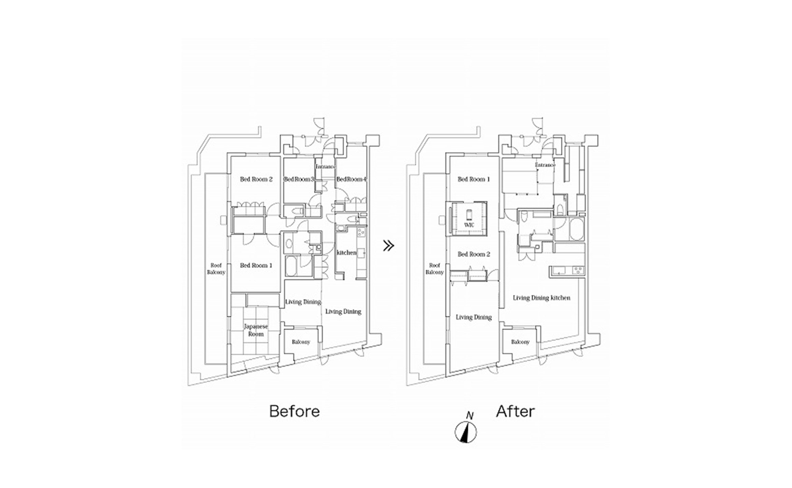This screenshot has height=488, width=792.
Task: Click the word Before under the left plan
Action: click(294, 411)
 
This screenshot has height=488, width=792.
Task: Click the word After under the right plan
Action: click(515, 411)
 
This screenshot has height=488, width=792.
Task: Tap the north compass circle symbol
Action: click(466, 432)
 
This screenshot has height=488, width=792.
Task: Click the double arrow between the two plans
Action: click(388, 246)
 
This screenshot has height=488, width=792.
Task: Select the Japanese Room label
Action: click(256, 330)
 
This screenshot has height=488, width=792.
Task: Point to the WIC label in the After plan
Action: click(469, 225)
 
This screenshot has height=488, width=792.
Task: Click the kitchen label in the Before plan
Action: click(346, 253)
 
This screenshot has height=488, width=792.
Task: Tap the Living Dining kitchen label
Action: click(541, 298)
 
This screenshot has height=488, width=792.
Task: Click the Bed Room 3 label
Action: click(299, 179)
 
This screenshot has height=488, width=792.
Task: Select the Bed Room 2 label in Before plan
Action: click(256, 179)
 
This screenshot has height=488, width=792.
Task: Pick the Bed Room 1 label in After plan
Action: click(474, 179)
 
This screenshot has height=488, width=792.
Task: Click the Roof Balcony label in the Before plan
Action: click(216, 269)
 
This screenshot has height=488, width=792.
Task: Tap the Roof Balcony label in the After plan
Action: click(434, 269)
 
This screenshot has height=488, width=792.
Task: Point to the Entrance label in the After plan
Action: click(545, 165)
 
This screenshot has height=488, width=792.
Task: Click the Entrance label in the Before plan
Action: click(325, 167)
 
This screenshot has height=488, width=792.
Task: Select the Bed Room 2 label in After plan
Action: click(474, 254)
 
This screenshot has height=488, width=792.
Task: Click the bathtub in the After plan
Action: click(577, 230)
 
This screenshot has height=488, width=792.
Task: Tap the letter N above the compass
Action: click(470, 416)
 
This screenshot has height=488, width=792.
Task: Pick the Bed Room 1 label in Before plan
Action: click(256, 265)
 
